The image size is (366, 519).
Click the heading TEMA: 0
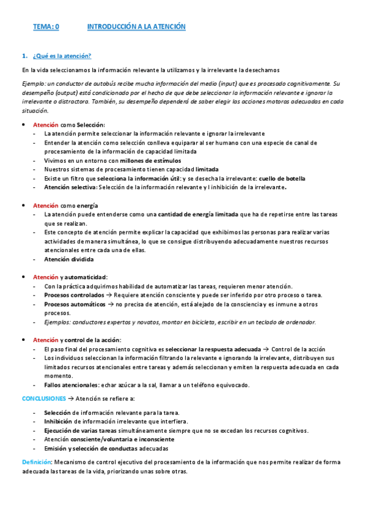coord(46,27)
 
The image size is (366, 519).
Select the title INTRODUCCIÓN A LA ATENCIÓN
coord(136,27)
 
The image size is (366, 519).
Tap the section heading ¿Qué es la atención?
coord(62,56)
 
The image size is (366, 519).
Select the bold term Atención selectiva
coord(70,187)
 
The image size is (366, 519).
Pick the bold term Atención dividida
coord(68,259)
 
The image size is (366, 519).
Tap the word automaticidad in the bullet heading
coord(86,277)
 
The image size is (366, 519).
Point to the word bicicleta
coord(207,322)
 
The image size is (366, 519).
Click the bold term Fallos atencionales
coord(73,385)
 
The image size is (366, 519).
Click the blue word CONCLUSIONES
coord(43,398)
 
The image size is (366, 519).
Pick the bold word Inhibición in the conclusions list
coord(57,421)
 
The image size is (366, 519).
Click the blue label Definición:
coord(37,461)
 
